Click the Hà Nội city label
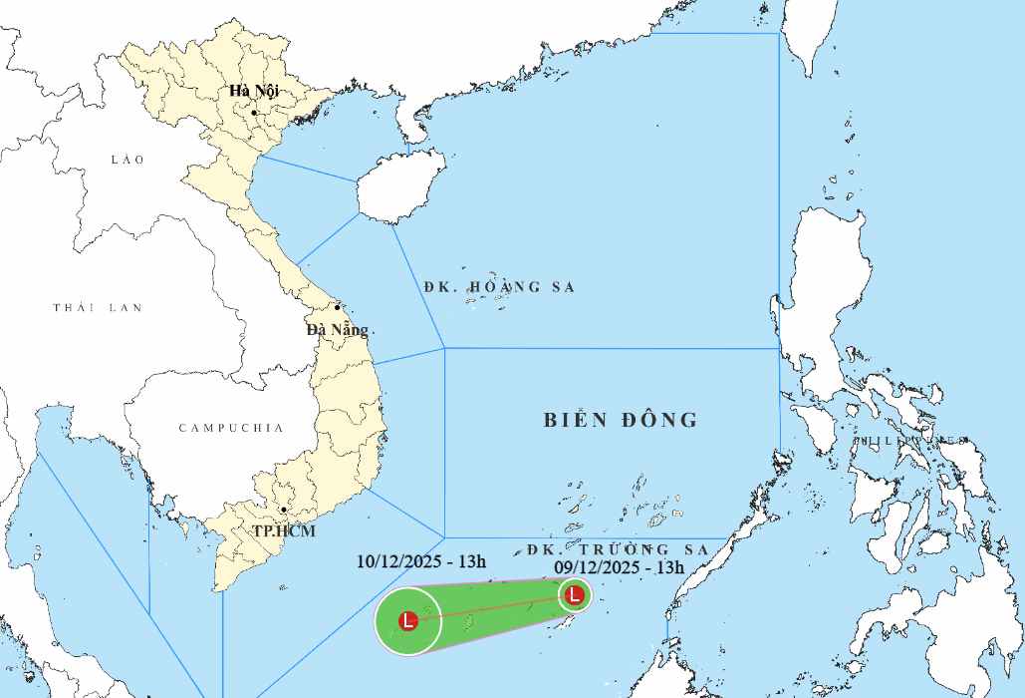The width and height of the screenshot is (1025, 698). (x=254, y=91)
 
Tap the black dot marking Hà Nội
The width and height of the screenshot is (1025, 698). (x=254, y=113)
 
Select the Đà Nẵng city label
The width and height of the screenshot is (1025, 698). (x=337, y=329)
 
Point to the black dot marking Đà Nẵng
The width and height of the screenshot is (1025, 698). (x=338, y=307)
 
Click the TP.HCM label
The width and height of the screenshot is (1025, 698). (x=283, y=531)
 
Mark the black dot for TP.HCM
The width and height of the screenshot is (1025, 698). (x=283, y=510)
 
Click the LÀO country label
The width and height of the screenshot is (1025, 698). (x=128, y=160)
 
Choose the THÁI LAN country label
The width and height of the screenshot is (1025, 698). (x=98, y=308)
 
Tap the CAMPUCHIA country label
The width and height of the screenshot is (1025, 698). (x=231, y=428)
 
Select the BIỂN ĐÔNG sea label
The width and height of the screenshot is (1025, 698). (x=621, y=420)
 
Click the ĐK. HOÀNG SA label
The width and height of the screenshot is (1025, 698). (x=499, y=287)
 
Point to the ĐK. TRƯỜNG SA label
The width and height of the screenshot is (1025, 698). (x=618, y=549)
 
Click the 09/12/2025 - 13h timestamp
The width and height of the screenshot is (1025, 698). (x=620, y=567)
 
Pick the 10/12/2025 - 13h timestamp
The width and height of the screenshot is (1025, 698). (x=421, y=561)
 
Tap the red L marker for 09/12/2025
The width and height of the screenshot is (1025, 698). (x=574, y=596)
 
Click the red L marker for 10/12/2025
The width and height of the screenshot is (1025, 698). (x=407, y=621)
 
